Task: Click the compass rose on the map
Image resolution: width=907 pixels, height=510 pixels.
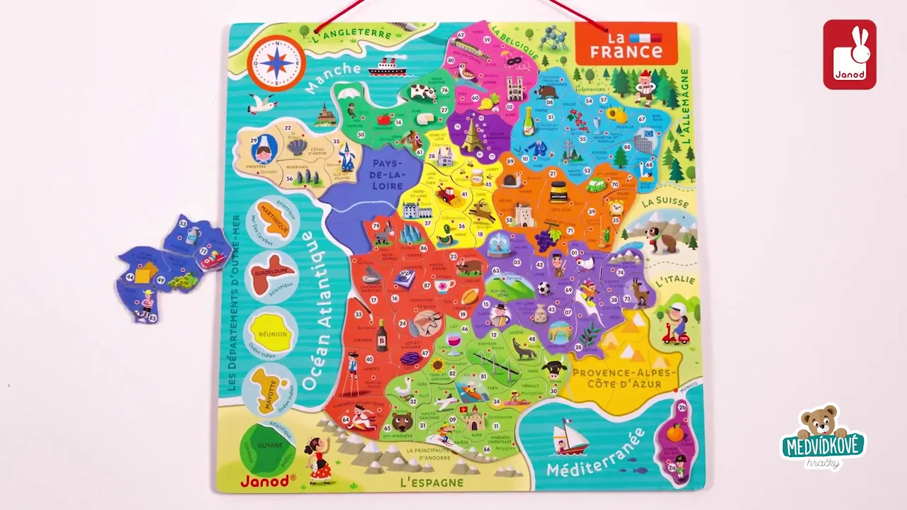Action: pos(276,62)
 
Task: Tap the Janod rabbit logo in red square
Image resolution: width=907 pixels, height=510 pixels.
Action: pos(850,55)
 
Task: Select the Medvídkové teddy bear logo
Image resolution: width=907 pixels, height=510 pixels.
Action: pos(823,437)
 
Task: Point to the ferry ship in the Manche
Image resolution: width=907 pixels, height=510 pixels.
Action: pos(387,67)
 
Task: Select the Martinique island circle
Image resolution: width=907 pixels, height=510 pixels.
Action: pos(273,220)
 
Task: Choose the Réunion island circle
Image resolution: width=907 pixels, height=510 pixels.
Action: pos(272,333)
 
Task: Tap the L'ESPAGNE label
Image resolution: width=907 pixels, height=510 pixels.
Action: pos(431,483)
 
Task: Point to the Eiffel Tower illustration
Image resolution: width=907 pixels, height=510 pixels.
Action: pos(471,134)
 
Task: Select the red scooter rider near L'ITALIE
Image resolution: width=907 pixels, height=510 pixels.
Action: pos(677,325)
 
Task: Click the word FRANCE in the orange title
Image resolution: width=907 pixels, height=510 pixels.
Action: pos(626,52)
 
